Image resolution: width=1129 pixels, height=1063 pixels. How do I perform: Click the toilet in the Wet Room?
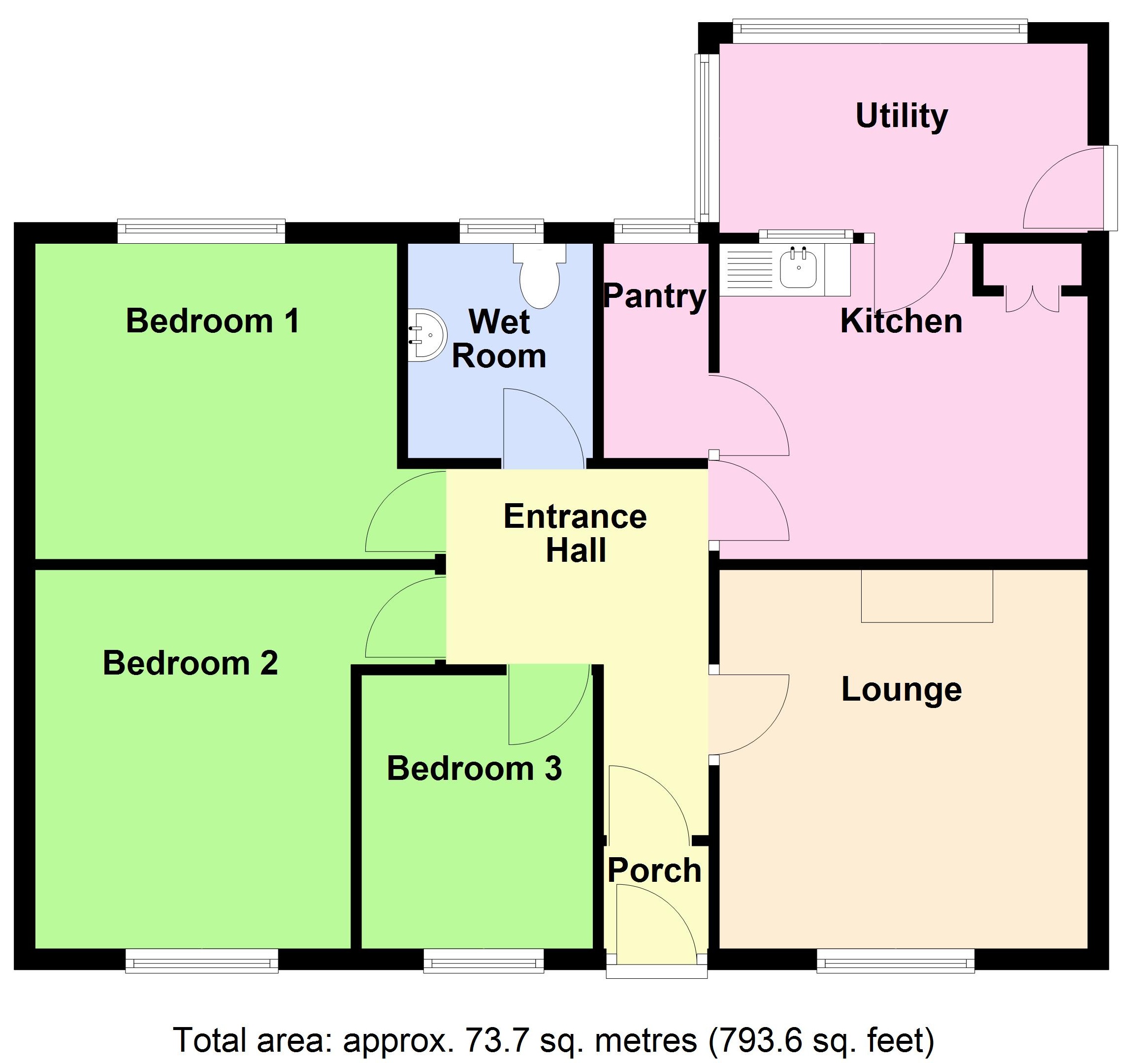click(540, 277)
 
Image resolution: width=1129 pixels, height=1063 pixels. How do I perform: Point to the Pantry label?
click(654, 296)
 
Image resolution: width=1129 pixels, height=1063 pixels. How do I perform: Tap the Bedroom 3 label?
click(474, 769)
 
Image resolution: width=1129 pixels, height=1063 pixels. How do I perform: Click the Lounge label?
click(901, 690)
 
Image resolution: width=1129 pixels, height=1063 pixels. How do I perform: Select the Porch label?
click(654, 870)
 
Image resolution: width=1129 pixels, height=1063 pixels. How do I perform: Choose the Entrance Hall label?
click(575, 533)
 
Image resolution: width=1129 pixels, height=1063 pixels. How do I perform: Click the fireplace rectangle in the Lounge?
click(927, 596)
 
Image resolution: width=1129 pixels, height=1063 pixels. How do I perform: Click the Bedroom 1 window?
click(201, 229)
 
